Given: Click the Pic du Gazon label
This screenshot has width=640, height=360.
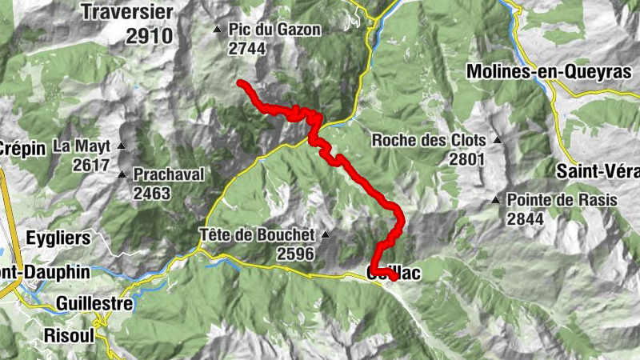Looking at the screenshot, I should click(x=274, y=30).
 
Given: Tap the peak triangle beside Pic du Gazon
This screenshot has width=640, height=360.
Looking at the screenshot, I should click(x=218, y=30).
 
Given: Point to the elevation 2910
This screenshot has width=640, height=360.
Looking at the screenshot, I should click(x=149, y=35).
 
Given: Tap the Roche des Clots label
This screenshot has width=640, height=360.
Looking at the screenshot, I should click(x=429, y=141).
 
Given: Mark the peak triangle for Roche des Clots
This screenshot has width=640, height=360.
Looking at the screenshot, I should click(x=498, y=141).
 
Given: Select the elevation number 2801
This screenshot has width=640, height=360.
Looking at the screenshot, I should click(x=468, y=158).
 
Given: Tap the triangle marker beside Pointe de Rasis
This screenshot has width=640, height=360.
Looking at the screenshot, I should click(x=496, y=200).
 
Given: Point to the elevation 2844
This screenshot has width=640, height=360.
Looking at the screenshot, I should click(x=525, y=218).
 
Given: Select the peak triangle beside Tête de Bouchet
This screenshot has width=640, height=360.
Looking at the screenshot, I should click(x=326, y=235).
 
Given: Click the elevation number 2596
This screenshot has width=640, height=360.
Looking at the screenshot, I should click(x=295, y=253).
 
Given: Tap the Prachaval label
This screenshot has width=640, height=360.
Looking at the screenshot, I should click(x=170, y=174).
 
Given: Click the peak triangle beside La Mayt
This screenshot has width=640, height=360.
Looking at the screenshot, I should click(x=122, y=146).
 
